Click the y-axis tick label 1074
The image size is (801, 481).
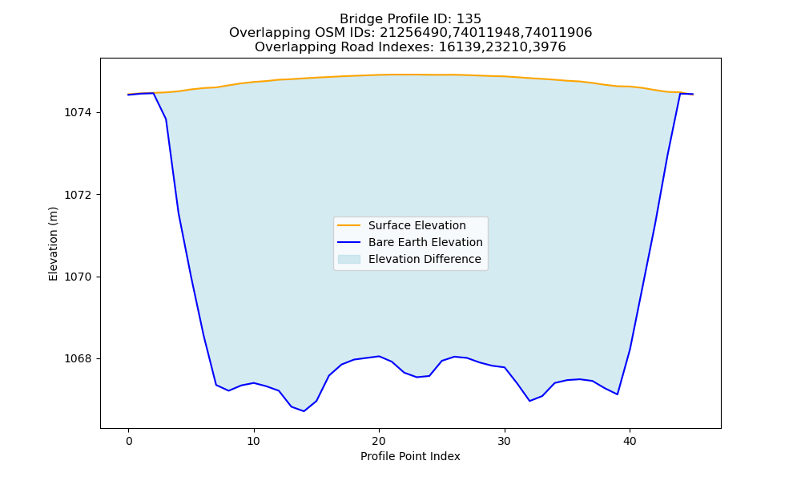pyautogui.click(x=78, y=112)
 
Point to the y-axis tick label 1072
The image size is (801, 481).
pyautogui.click(x=78, y=195)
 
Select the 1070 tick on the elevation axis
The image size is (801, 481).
pyautogui.click(x=78, y=277)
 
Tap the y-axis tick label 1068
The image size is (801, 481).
pyautogui.click(x=78, y=359)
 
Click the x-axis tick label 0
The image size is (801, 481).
pyautogui.click(x=129, y=441)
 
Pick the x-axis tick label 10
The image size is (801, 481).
pyautogui.click(x=254, y=441)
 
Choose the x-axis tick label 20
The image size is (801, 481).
pyautogui.click(x=379, y=441)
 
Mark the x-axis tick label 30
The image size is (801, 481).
pyautogui.click(x=504, y=441)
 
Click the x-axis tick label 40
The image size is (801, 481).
pyautogui.click(x=630, y=441)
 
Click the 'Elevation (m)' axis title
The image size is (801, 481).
pyautogui.click(x=53, y=244)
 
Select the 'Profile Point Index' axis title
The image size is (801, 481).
pyautogui.click(x=410, y=456)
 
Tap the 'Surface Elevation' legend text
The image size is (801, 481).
pyautogui.click(x=417, y=225)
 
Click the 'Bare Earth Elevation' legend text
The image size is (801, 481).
pyautogui.click(x=425, y=242)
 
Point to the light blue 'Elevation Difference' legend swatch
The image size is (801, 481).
pyautogui.click(x=349, y=259)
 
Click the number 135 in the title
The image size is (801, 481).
pyautogui.click(x=469, y=19)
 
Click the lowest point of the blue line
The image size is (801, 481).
pyautogui.click(x=304, y=411)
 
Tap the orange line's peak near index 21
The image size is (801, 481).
pyautogui.click(x=392, y=75)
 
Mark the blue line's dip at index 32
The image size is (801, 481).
pyautogui.click(x=529, y=401)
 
